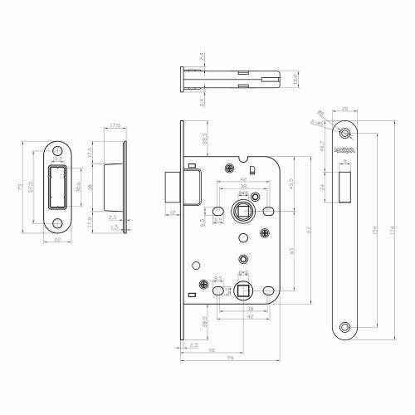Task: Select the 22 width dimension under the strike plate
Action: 58,240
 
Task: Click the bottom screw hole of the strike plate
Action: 59,222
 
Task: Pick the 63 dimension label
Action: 290,250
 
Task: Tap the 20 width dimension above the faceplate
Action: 344,108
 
